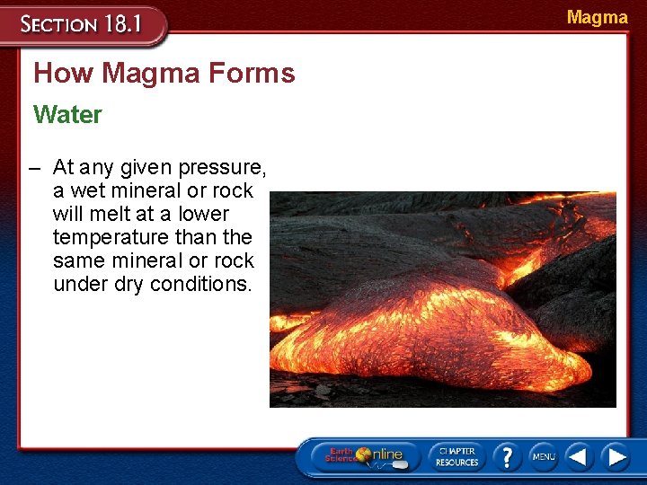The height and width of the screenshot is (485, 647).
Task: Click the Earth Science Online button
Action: click(364, 456)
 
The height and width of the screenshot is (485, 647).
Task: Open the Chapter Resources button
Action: click(456, 456)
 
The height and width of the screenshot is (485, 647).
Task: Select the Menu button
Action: click(543, 456)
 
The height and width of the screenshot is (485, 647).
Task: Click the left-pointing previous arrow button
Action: click(579, 456)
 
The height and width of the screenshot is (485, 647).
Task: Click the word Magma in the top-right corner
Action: click(597, 17)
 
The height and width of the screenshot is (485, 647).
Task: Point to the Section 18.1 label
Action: click(81, 24)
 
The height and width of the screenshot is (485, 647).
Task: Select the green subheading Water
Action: click(67, 115)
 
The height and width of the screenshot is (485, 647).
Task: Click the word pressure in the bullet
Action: click(222, 167)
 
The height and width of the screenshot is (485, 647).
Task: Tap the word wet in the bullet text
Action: click(88, 190)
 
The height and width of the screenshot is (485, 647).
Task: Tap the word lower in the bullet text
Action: click(203, 214)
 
